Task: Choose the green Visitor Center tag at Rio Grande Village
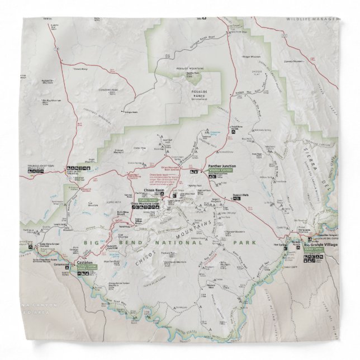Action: [x=314, y=249]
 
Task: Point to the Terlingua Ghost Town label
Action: [x=37, y=167]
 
